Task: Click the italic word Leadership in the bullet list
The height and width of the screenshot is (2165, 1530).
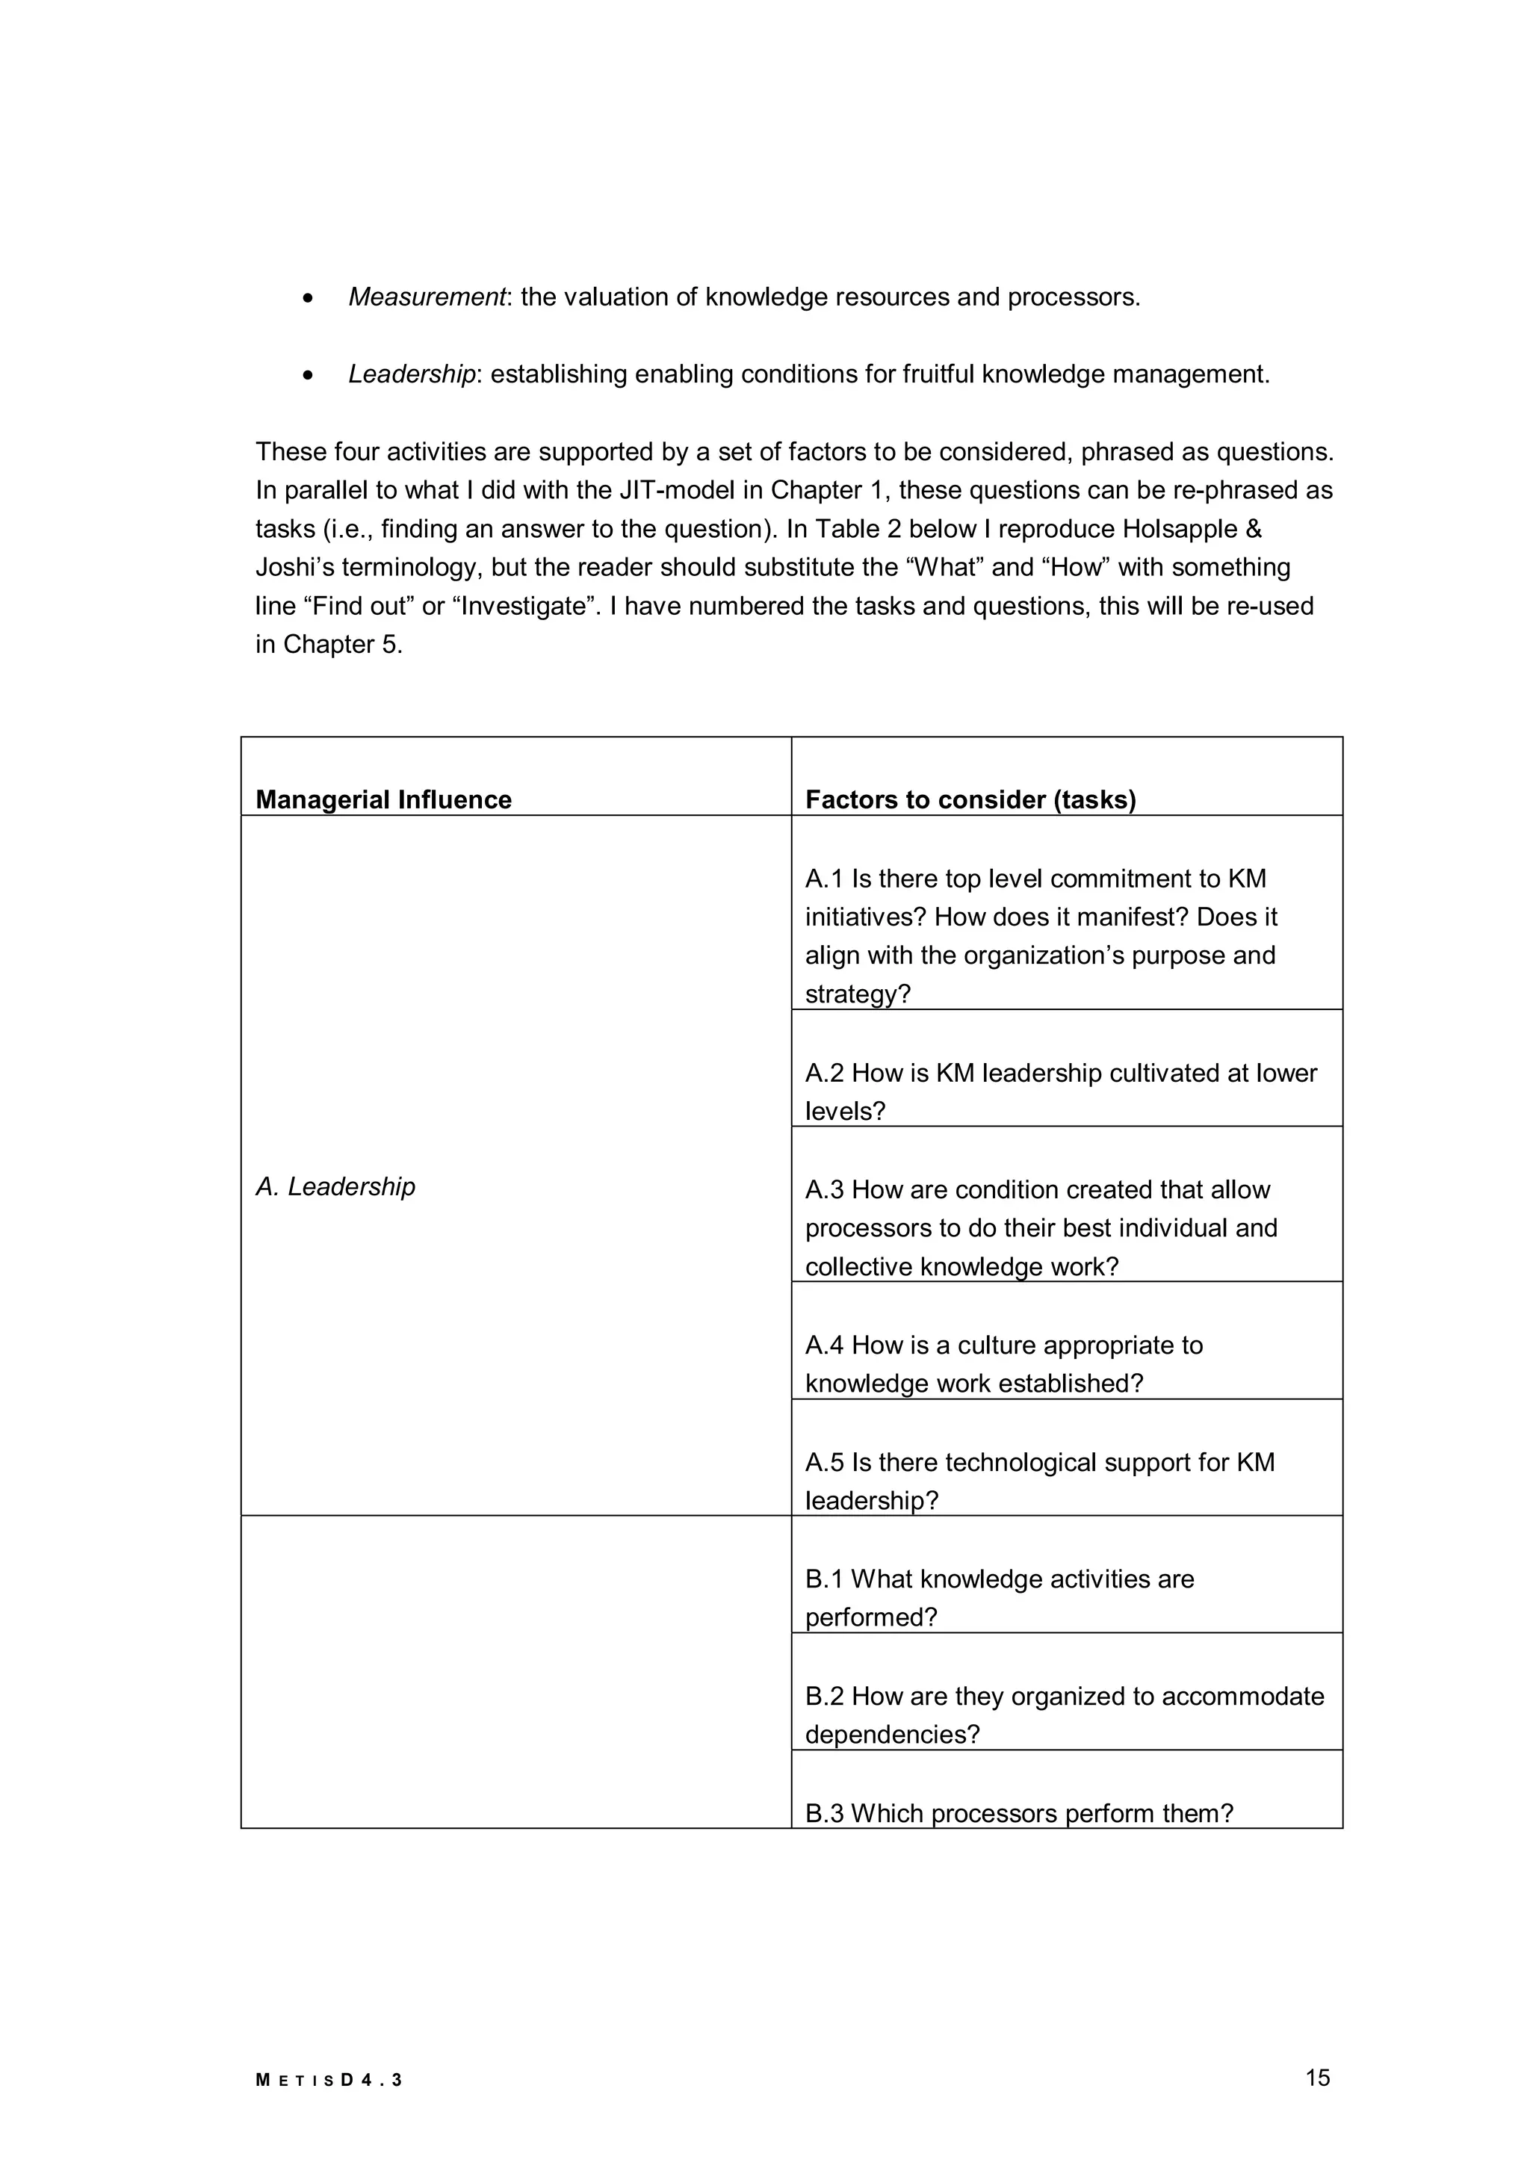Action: coord(412,374)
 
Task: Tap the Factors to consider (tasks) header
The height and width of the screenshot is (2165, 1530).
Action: coord(970,799)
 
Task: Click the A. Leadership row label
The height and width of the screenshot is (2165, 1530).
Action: coord(335,1186)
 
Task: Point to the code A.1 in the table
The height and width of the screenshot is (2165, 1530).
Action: coord(824,879)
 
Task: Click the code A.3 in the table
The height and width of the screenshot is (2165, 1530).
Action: coord(824,1190)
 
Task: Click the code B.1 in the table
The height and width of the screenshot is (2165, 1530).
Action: coord(824,1579)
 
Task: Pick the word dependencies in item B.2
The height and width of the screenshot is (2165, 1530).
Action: coord(892,1735)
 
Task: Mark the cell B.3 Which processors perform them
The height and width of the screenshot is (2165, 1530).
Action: coord(1018,1813)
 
